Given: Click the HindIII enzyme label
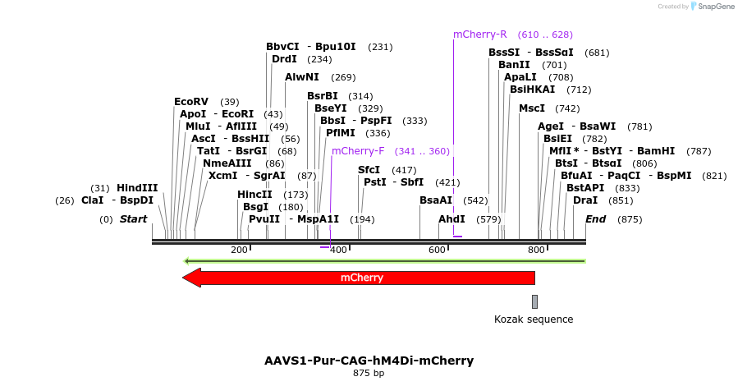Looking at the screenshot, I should [137, 188].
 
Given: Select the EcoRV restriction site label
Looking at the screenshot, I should [191, 102].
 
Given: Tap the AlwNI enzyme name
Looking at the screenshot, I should [302, 77].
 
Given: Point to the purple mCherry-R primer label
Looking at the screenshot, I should [480, 34].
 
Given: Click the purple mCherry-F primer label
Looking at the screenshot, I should [358, 151].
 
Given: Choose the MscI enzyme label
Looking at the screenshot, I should [532, 108].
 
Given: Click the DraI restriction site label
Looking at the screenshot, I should [585, 200].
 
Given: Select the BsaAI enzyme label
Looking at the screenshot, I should [436, 200].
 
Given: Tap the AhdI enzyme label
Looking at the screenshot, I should [452, 219].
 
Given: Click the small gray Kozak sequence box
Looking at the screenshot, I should [534, 301].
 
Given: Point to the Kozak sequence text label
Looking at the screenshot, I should [534, 319].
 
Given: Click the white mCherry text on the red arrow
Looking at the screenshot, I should [362, 278].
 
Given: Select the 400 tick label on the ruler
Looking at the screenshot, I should [338, 250].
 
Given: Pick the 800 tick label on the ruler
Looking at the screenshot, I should [536, 250].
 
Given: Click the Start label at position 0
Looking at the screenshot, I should [133, 219].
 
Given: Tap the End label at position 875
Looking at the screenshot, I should [595, 219].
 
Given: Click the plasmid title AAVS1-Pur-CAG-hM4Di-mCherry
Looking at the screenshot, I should [369, 361].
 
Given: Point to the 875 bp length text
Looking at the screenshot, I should [369, 374].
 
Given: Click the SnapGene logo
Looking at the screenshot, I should [712, 7].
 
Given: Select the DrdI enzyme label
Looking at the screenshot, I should [285, 59].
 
